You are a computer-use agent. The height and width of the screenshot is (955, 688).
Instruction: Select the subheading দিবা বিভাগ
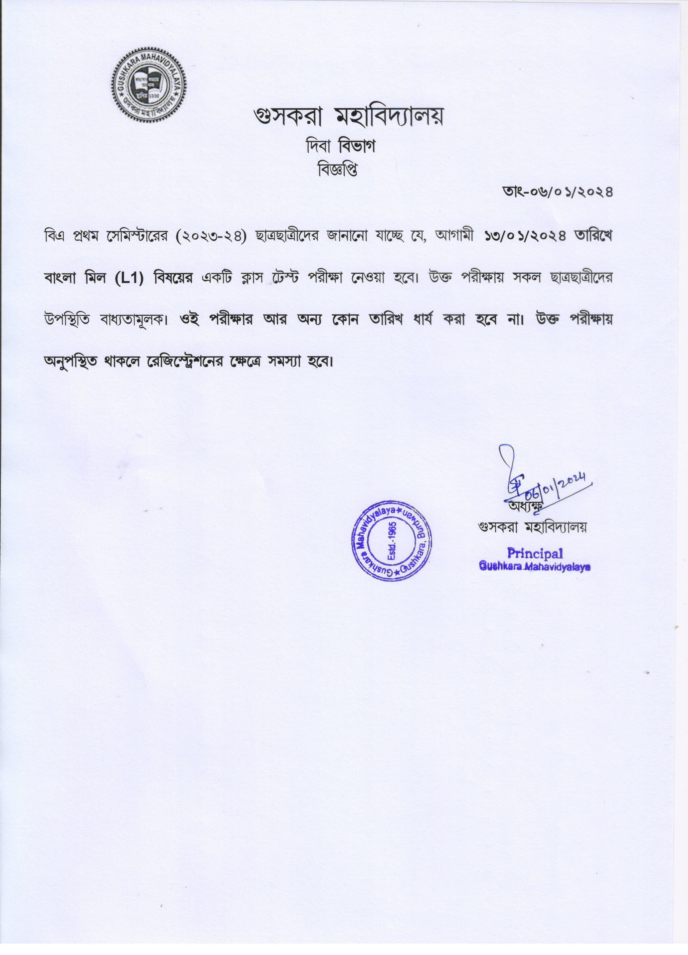tap(340, 146)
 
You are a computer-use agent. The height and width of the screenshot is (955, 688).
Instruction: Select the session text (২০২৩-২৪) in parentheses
tap(211, 237)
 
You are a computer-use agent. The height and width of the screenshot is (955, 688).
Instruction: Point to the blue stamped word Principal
tap(535, 553)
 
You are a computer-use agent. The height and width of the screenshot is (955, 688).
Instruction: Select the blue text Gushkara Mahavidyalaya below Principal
tap(535, 567)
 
